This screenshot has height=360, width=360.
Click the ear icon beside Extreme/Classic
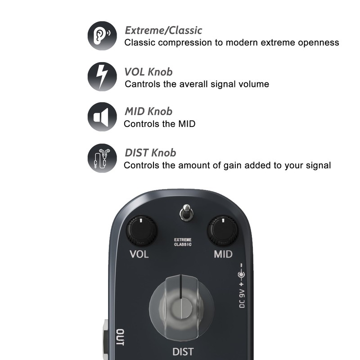coord(102,36)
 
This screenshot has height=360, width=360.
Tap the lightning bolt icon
coord(102,76)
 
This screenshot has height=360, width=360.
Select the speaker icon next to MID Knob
coord(102,117)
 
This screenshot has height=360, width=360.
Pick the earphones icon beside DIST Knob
coord(102,158)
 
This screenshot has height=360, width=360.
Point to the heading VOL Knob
coord(148,72)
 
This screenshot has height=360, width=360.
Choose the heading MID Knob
coord(148,112)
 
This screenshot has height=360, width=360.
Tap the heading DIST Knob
coord(150,153)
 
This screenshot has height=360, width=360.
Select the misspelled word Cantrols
coord(142,84)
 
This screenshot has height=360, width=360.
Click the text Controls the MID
coord(159,124)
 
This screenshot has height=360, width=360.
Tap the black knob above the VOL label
coord(141,231)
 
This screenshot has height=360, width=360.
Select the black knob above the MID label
coord(222,231)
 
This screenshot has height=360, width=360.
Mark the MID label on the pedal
coord(223,254)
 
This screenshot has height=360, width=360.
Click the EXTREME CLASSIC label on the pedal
coord(183,242)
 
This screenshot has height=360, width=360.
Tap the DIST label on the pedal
coord(183,351)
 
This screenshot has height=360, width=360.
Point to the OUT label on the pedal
coord(120,337)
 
